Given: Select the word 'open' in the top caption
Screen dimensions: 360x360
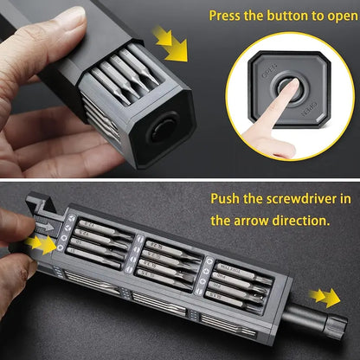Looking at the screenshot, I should click(337, 16).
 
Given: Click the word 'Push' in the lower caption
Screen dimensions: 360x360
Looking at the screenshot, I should click(228, 198).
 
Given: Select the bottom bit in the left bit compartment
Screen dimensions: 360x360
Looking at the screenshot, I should click(101, 261).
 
